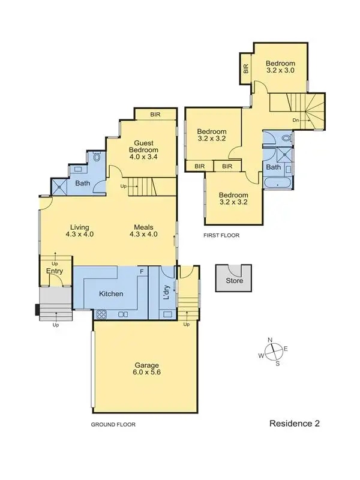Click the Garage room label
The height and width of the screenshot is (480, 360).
pos(146,369)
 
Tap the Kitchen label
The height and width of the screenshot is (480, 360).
pos(112,294)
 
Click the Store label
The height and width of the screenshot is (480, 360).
pos(234,281)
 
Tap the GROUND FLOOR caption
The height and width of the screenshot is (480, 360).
pos(113,424)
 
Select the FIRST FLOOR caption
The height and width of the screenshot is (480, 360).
pos(221,236)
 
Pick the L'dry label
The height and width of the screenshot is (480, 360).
pos(166,292)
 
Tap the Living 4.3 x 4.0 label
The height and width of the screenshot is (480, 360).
pos(80,231)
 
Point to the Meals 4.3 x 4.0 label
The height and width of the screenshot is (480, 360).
pos(144,231)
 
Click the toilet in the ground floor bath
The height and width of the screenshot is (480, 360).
pos(97,158)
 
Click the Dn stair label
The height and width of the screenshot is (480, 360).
pos(296,120)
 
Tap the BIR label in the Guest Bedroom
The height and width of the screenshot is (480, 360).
pos(155,114)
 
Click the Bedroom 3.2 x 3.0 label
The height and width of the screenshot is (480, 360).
pos(281,67)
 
